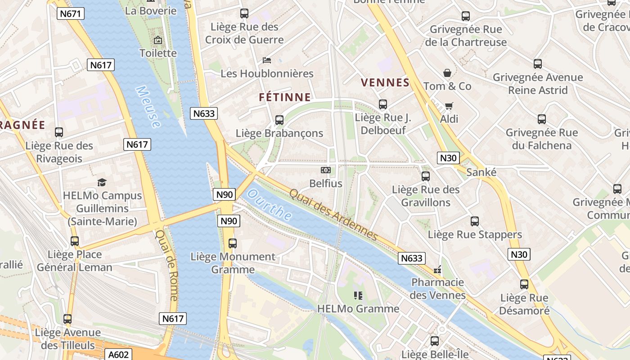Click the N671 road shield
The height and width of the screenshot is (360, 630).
71,13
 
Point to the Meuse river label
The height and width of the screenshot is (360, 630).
148,107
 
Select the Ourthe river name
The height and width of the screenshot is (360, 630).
270,205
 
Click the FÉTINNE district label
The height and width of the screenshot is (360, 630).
285,97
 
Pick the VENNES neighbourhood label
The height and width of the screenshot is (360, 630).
385,83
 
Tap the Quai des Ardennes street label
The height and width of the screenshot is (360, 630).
333,214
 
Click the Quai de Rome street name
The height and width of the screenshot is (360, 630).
167,265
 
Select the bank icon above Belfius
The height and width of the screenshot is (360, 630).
325,170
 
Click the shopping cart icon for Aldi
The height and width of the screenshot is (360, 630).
449,106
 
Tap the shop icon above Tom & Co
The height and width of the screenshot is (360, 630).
447,73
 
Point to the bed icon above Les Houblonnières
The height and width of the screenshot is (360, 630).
267,60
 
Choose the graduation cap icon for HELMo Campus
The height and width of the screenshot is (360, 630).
102,182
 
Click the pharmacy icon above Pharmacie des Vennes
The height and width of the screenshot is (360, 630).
437,270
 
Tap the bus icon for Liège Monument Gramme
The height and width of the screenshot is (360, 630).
233,243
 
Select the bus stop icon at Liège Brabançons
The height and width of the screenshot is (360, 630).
279,120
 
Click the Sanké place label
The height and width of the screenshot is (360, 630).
481,172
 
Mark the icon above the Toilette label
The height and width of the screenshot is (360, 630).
158,40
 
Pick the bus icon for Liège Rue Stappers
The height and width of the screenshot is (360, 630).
475,221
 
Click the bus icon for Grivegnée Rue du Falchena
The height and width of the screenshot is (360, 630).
542,119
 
